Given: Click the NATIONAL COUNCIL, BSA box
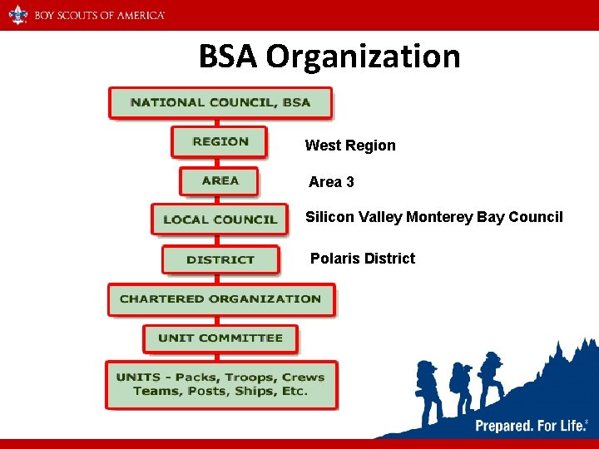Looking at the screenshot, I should [x=220, y=103].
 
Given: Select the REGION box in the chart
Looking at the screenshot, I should [x=220, y=141].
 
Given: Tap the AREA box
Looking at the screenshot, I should [x=220, y=180].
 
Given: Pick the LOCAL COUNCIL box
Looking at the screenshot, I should [x=220, y=220].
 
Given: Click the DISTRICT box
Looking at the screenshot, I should [x=220, y=259].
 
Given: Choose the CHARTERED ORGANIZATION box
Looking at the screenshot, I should [x=220, y=299].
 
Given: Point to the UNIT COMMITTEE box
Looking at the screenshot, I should [x=220, y=338].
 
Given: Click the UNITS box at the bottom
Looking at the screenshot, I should [x=220, y=384].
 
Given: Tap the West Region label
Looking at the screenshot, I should [x=350, y=146].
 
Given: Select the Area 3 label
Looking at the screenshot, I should [x=331, y=181].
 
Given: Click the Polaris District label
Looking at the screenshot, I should [x=363, y=259].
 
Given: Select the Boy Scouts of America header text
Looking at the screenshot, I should [x=99, y=15].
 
